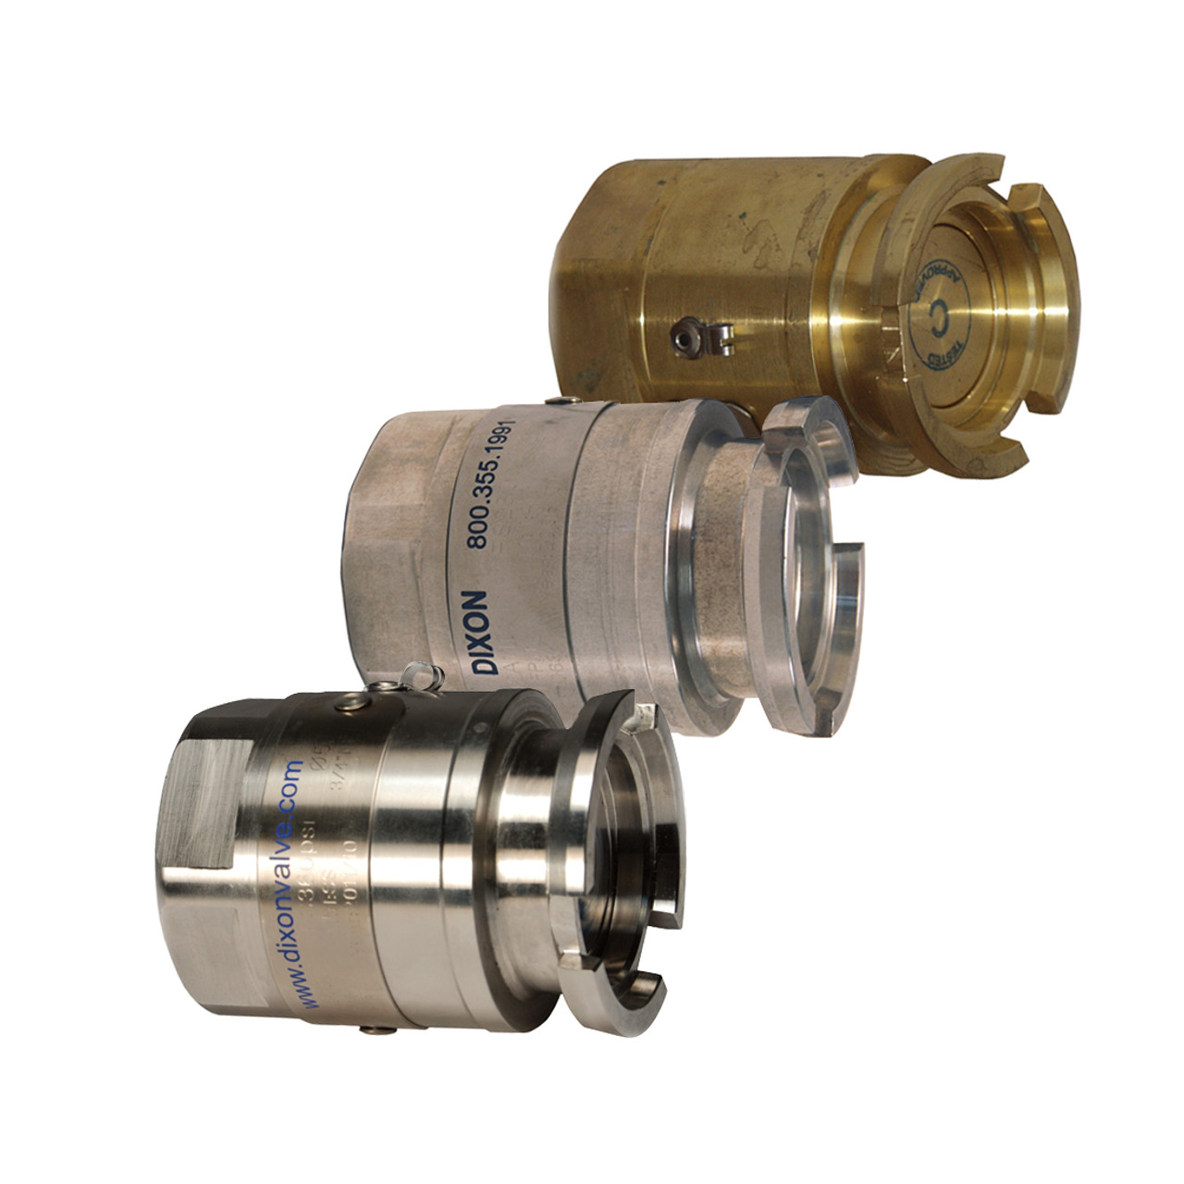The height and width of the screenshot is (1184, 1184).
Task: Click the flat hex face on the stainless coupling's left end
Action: point(199,814)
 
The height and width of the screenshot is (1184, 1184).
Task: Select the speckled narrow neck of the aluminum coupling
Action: point(717,536)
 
